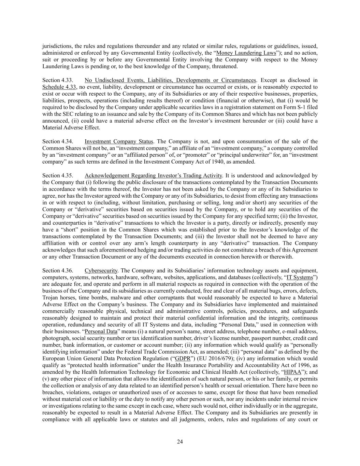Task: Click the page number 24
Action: [x=180, y=442]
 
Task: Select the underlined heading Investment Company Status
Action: [x=119, y=141]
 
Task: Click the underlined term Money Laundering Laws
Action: [x=246, y=53]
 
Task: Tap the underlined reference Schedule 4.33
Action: [x=59, y=87]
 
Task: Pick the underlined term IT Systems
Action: [x=300, y=277]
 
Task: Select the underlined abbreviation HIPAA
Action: [x=292, y=372]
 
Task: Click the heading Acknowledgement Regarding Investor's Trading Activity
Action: [x=153, y=175]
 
